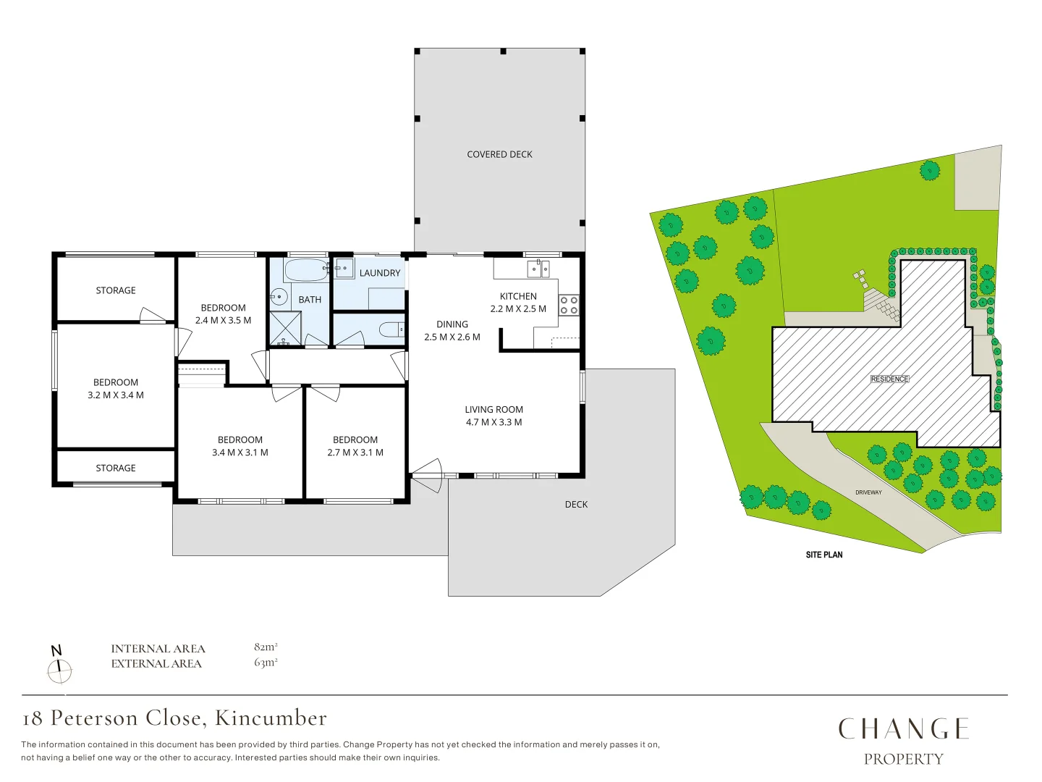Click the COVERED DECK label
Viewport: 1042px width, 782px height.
click(x=499, y=154)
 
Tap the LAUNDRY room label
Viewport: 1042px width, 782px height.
click(x=379, y=273)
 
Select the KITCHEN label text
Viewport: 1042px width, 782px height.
click(x=518, y=296)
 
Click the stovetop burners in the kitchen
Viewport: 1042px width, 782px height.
click(x=569, y=305)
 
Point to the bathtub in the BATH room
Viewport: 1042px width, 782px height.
click(x=306, y=271)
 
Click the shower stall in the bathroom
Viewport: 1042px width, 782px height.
click(x=285, y=328)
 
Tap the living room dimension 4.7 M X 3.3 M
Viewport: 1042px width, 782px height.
click(x=494, y=422)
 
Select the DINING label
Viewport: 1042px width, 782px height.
click(x=452, y=324)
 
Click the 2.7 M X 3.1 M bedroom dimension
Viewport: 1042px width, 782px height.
click(x=355, y=453)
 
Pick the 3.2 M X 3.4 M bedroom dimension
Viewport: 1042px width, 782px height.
click(x=116, y=395)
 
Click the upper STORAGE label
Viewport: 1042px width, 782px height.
click(x=116, y=290)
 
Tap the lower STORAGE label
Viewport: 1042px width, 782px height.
click(x=116, y=468)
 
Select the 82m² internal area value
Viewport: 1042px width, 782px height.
click(x=266, y=647)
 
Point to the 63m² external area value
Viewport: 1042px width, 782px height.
click(x=266, y=663)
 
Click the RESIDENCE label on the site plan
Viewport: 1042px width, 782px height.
click(x=889, y=379)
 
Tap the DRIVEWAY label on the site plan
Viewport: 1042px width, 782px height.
click(x=868, y=492)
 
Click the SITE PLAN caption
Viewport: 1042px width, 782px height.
click(x=824, y=555)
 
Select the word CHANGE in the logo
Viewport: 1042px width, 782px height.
click(x=903, y=728)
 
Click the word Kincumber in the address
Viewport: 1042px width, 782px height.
click(x=271, y=718)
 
